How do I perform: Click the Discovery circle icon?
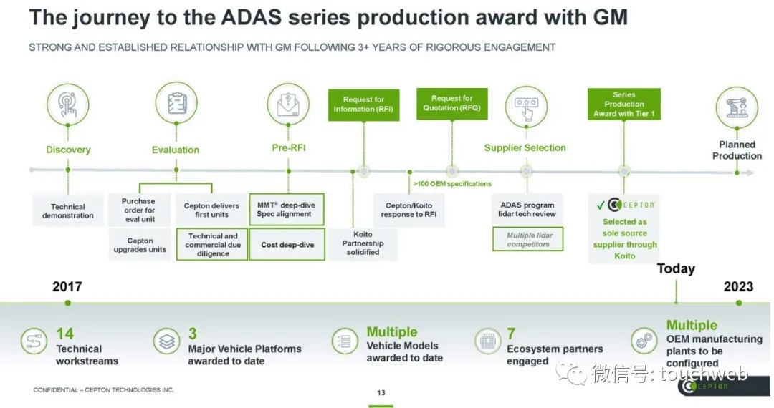pos(68,105)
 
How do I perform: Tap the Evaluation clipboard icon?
pos(176,105)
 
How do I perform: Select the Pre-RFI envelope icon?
pos(288,105)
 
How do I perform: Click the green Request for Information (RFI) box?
pos(363,105)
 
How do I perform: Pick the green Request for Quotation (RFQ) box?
pos(451,103)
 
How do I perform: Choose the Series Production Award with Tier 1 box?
pos(623,105)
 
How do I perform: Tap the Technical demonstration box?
pos(68,210)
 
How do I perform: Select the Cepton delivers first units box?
pos(212,210)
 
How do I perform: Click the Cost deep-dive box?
pos(287,245)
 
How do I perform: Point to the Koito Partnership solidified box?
pos(363,243)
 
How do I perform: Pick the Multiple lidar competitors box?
pos(528,240)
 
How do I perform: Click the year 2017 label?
pos(67,286)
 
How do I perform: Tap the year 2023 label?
pos(738,286)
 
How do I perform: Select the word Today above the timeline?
pos(676,268)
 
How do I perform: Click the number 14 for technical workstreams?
pos(64,334)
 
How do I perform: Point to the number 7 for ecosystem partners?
pos(511,334)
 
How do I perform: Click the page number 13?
pos(381,392)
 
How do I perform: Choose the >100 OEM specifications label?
pos(452,184)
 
